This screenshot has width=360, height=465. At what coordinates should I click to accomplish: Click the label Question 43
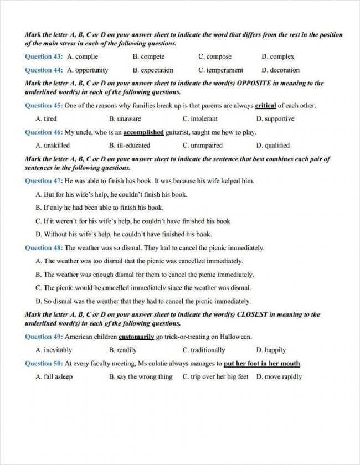tap(44, 56)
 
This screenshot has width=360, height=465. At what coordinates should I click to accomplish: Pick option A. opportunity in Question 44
tap(88, 70)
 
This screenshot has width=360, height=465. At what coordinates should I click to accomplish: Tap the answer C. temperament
tap(220, 70)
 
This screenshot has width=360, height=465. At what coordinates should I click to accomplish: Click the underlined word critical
tap(265, 106)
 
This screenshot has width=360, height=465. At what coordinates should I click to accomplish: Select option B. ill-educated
tap(130, 146)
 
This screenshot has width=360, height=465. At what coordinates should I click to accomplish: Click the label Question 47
tap(44, 181)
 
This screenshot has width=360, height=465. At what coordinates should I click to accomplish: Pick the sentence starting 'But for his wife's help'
tap(111, 194)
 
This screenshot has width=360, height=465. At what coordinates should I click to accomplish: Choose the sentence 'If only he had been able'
tap(99, 208)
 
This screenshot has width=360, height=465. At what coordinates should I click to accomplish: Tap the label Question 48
tap(44, 248)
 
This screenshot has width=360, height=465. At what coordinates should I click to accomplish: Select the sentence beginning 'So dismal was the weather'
tap(143, 302)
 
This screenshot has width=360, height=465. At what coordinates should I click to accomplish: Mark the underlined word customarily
tap(136, 337)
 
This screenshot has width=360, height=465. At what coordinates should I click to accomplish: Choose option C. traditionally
tap(204, 350)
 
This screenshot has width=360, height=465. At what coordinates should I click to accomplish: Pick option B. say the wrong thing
tap(141, 377)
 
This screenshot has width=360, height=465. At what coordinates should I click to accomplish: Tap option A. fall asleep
tap(54, 377)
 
